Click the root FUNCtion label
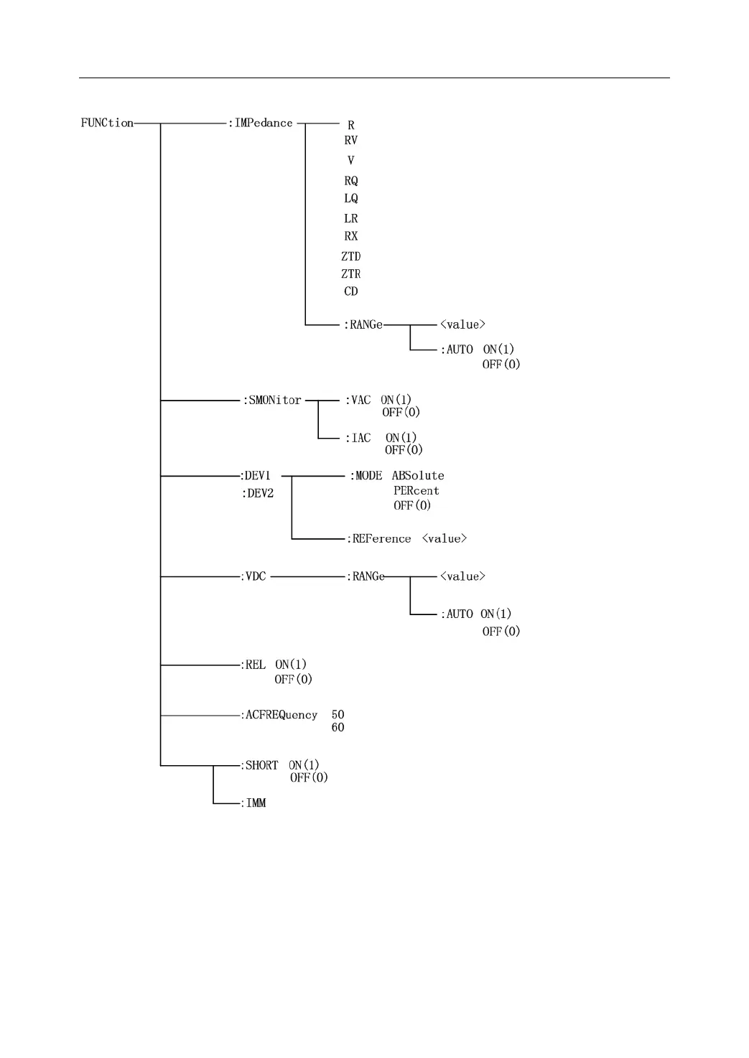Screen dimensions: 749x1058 tap(107, 123)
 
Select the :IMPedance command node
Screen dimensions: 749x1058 tap(261, 123)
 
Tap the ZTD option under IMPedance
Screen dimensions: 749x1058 tap(350, 256)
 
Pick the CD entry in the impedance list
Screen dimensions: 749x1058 tap(350, 291)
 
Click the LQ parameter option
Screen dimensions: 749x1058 tap(350, 198)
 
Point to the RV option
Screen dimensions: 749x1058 tap(350, 141)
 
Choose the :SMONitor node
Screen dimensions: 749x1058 tap(272, 401)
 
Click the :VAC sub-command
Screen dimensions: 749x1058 tap(358, 401)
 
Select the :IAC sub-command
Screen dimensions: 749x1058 tap(358, 438)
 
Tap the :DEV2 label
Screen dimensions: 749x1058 tap(258, 493)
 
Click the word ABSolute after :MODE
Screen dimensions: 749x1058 tap(418, 476)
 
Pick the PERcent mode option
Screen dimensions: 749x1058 tap(416, 491)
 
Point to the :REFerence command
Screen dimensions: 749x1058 tap(379, 539)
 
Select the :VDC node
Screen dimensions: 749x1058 tap(253, 576)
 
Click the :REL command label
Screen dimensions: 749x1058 tap(253, 665)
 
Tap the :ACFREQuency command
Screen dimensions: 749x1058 tap(279, 715)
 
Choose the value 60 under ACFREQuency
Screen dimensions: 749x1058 tap(338, 728)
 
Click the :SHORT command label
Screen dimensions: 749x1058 tap(259, 766)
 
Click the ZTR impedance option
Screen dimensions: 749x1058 tap(350, 274)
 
